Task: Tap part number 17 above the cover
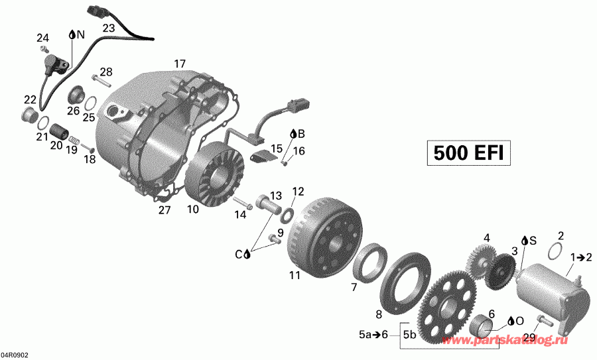[x=180, y=64]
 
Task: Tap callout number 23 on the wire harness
[x=109, y=28]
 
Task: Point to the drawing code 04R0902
[x=15, y=355]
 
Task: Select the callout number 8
[x=379, y=314]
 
